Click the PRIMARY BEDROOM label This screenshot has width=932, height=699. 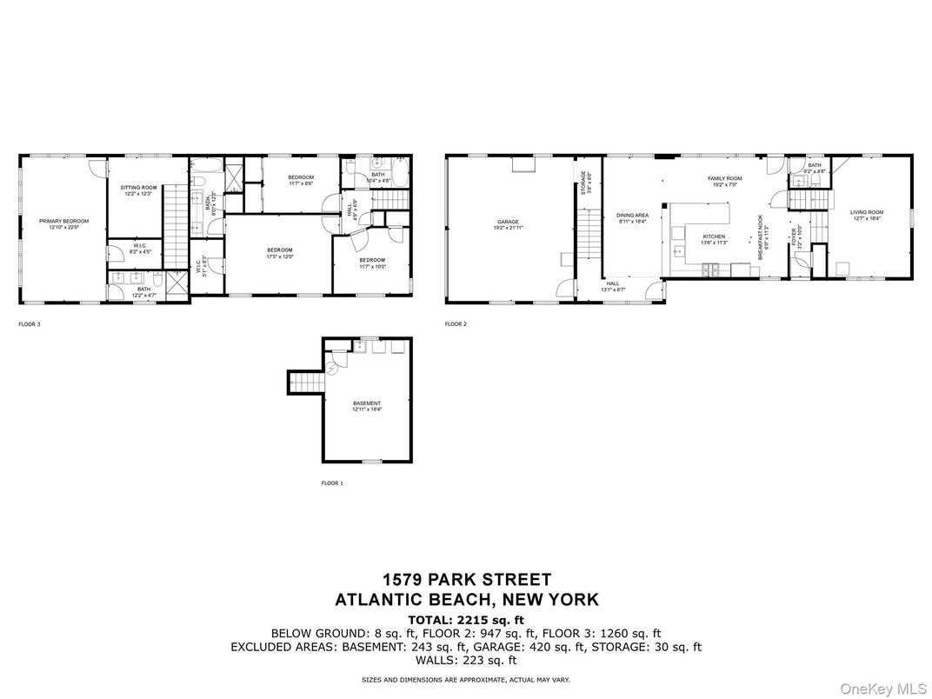click(63, 221)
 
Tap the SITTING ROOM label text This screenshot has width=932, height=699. click(138, 188)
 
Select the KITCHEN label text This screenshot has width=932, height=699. click(714, 236)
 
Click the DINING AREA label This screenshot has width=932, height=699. click(632, 215)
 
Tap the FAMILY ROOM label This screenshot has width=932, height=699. click(723, 178)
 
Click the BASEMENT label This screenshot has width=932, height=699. click(366, 403)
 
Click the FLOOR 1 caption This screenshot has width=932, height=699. click(332, 483)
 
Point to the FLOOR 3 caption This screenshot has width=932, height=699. click(30, 324)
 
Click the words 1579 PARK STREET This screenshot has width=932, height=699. click(466, 580)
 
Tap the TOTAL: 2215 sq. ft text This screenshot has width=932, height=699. click(466, 619)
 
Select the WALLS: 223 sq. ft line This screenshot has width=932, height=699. click(466, 660)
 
